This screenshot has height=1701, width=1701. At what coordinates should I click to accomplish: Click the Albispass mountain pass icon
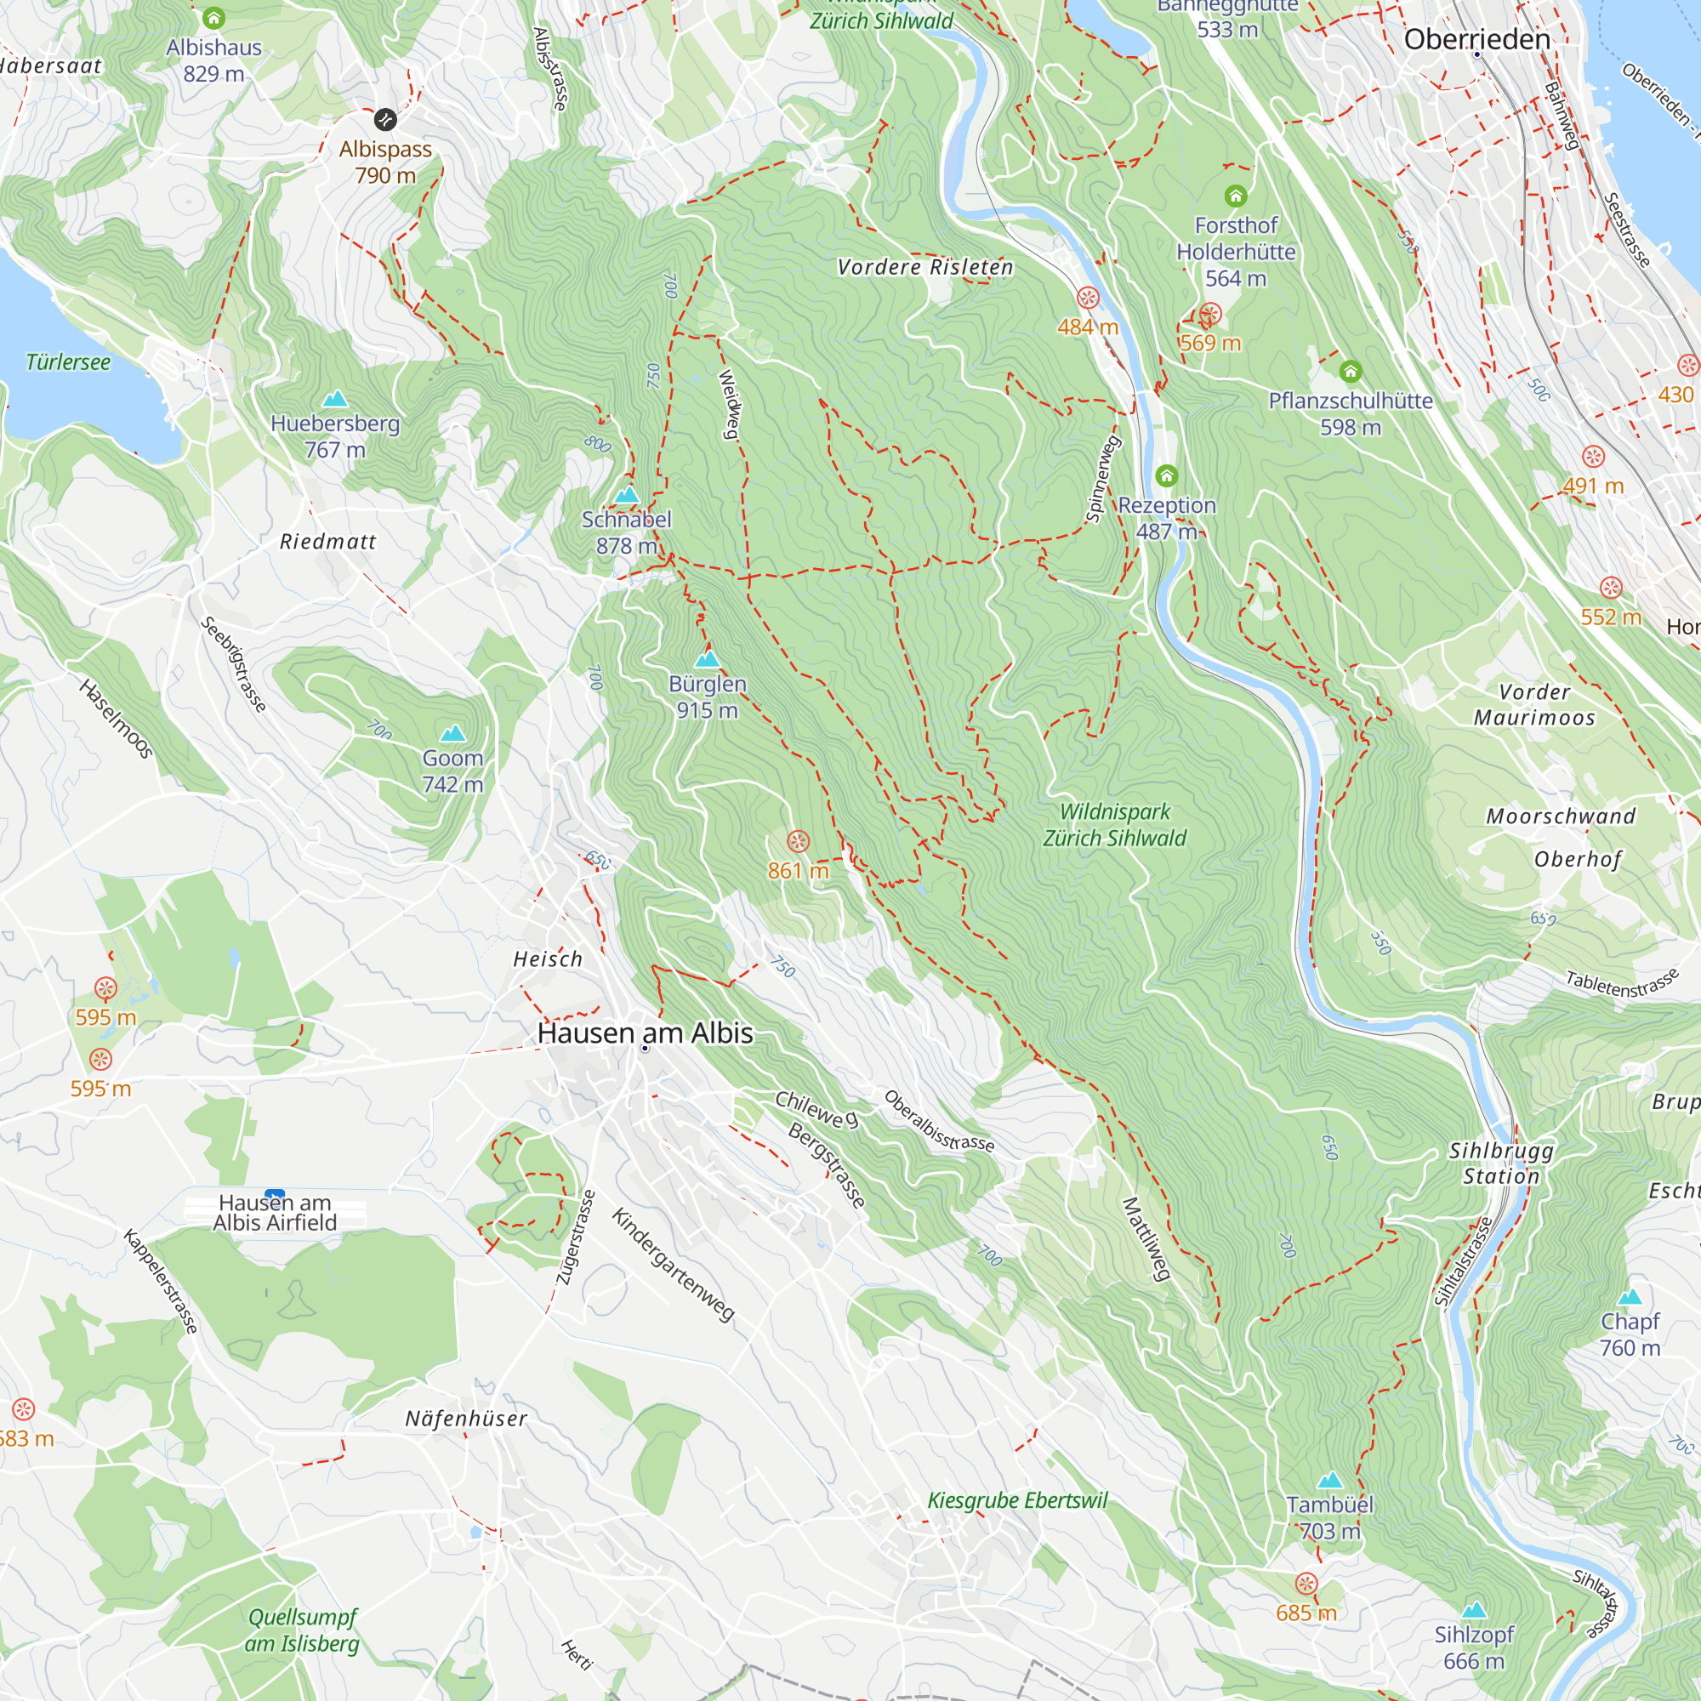pos(384,119)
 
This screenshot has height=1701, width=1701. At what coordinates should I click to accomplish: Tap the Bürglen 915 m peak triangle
pos(707,658)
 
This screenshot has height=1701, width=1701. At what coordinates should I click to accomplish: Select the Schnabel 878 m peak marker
pos(626,495)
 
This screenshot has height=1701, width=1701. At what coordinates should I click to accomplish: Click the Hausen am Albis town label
pos(646,1033)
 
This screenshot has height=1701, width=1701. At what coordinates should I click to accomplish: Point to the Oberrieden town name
pos(1476,40)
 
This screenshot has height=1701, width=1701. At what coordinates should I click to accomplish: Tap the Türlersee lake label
pos(68,361)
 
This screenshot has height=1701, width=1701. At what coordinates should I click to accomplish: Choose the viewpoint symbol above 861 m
pos(798,841)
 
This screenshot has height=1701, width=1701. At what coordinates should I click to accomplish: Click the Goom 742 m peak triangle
pos(452,732)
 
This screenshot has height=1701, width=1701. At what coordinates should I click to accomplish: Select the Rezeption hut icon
pos(1167,476)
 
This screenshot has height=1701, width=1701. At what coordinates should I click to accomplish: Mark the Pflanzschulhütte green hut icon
pos(1351,372)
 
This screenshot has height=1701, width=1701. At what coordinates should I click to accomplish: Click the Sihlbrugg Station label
pos(1501,1163)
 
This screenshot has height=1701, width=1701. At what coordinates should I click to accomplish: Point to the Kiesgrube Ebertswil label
pos(1017,1500)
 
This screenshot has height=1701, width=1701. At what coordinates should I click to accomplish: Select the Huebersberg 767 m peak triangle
pos(334,399)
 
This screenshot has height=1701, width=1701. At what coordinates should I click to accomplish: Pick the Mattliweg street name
pos(1146,1239)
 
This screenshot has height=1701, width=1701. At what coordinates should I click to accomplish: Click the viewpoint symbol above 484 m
pos(1089,298)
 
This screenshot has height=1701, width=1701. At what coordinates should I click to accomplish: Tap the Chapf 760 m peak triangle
pos(1630,1296)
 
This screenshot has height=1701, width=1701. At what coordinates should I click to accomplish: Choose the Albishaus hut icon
pos(213,18)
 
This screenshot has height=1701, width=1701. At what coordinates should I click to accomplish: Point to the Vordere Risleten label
pos(924,267)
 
